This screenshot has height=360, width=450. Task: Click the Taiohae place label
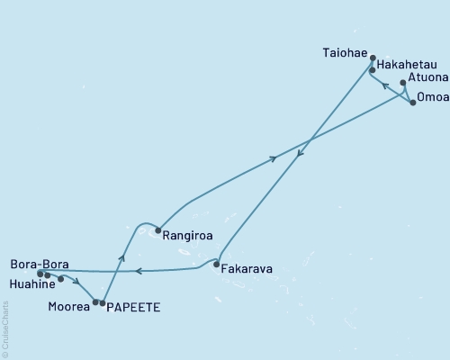[x=345, y=53]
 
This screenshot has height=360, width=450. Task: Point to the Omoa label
[x=433, y=103]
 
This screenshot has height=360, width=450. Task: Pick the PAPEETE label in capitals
[x=134, y=308]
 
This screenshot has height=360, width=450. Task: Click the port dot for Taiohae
[x=373, y=58]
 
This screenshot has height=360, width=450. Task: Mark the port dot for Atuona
[x=403, y=84]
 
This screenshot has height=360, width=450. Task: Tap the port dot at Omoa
[x=413, y=103]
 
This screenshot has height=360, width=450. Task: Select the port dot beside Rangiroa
[x=157, y=231]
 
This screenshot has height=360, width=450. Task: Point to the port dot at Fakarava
[x=217, y=265]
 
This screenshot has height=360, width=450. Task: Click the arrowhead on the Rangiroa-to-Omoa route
[x=274, y=160]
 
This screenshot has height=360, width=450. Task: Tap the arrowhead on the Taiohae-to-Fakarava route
[x=300, y=154]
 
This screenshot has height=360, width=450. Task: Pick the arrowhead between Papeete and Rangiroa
[x=121, y=257]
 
